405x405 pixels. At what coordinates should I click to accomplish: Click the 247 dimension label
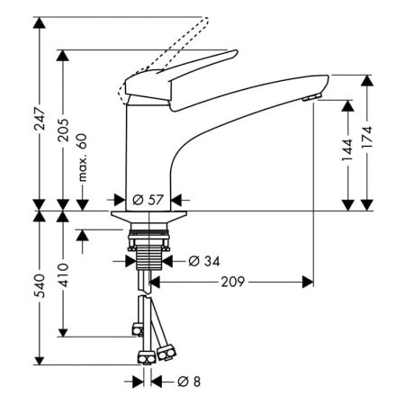pos(40,118)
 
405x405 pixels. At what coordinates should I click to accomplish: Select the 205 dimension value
pos(63,130)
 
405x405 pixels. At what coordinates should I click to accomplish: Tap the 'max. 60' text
pos(82,157)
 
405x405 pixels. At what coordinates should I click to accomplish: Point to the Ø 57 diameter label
pos(148,200)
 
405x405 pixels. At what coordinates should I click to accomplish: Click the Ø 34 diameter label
pos(204,261)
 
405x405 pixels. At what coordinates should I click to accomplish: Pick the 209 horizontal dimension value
pos(233,282)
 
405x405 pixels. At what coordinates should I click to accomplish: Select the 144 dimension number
pos(348,150)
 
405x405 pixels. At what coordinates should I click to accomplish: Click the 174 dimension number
pos(367,137)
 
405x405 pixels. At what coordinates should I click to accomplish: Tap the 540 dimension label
pos(40,285)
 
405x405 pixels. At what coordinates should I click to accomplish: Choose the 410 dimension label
pos(63,275)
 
